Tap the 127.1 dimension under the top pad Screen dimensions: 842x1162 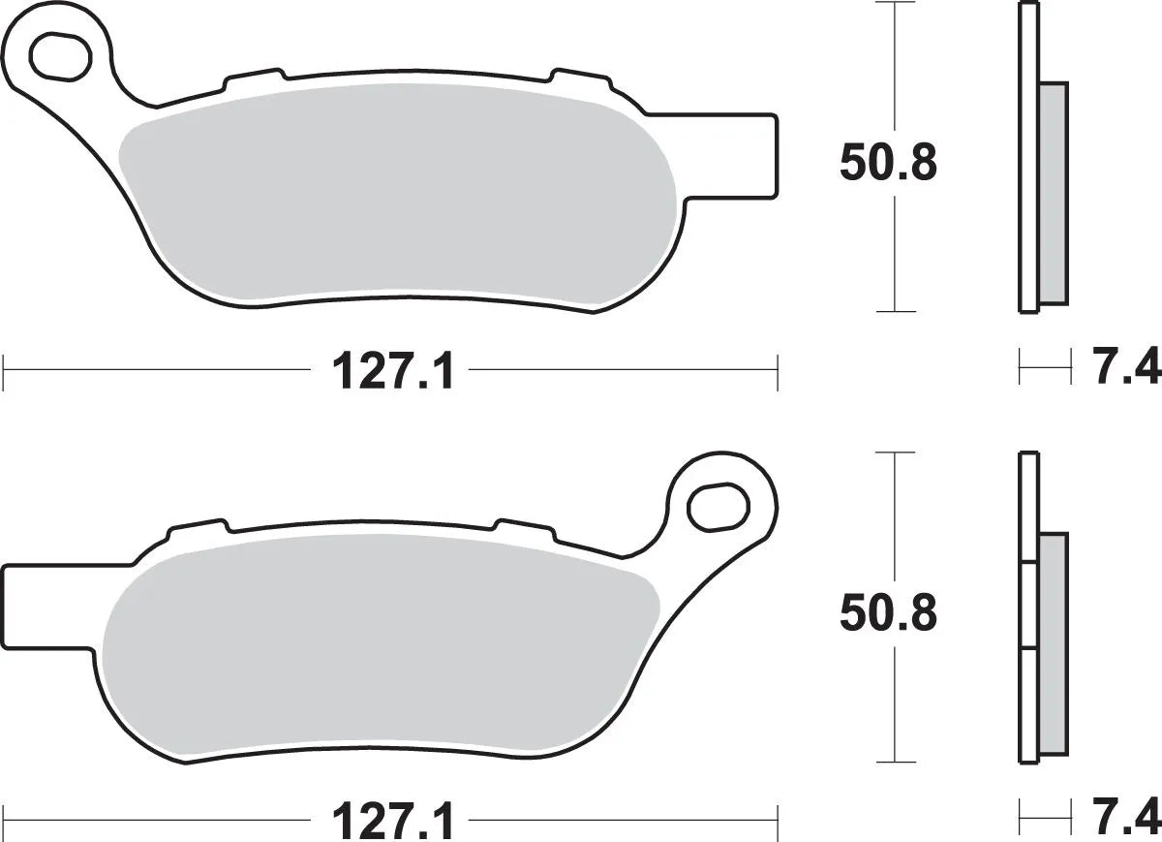click(x=392, y=370)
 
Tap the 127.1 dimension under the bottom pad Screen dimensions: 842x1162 click(x=392, y=822)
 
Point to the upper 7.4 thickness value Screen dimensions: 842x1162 click(x=1126, y=368)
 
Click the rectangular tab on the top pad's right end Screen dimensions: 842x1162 click(x=756, y=157)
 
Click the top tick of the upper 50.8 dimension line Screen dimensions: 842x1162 click(x=896, y=4)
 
